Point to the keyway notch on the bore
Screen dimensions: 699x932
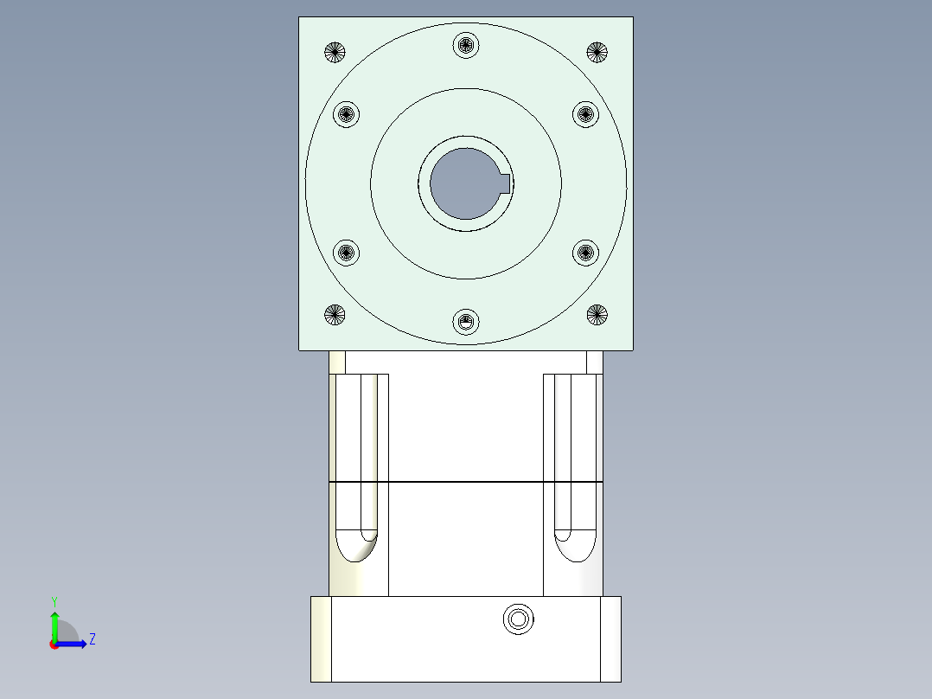pyautogui.click(x=506, y=183)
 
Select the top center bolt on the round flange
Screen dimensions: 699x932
pyautogui.click(x=466, y=44)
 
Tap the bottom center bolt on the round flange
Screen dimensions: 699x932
pyautogui.click(x=466, y=323)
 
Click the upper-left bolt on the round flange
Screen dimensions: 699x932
pyautogui.click(x=346, y=113)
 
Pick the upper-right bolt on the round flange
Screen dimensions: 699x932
pyautogui.click(x=585, y=113)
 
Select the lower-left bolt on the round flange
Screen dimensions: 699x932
pyautogui.click(x=346, y=253)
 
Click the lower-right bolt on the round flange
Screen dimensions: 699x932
pyautogui.click(x=585, y=253)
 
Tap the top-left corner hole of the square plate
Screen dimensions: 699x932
pyautogui.click(x=335, y=52)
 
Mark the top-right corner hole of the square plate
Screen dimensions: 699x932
pyautogui.click(x=597, y=52)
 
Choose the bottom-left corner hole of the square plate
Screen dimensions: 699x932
pyautogui.click(x=335, y=315)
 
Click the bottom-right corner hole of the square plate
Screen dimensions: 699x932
pyautogui.click(x=597, y=315)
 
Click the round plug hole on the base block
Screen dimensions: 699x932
pyautogui.click(x=518, y=619)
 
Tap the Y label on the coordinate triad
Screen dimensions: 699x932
pyautogui.click(x=54, y=600)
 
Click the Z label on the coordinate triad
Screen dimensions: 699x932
pyautogui.click(x=92, y=639)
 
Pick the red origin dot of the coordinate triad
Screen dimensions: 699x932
pyautogui.click(x=54, y=644)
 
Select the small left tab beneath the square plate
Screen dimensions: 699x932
pyautogui.click(x=337, y=362)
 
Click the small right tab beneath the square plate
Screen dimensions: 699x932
pyautogui.click(x=594, y=362)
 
